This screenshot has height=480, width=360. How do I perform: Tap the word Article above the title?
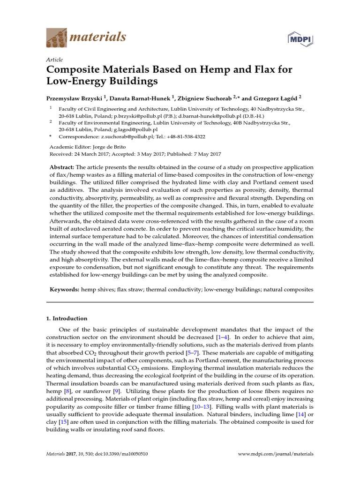pos(55,60)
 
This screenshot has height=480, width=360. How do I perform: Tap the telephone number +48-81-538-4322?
pos(183,137)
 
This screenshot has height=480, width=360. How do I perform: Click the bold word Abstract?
pos(62,168)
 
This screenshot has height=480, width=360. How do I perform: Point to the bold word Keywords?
pos(65,290)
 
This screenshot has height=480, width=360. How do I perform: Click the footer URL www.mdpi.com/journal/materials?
pos(276,454)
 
